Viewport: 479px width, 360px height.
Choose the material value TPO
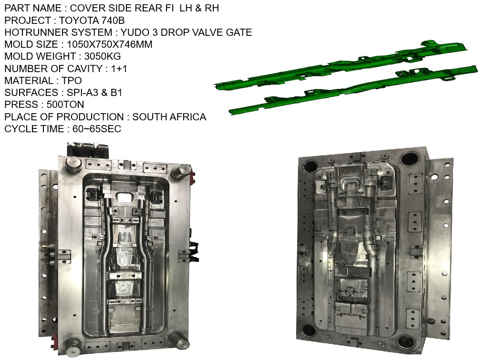pos(72,81)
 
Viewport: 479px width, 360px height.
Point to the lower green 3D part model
pos(353,91)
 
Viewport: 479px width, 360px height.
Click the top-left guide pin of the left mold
pos(73,165)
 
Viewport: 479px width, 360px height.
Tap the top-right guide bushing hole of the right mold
pos(410,159)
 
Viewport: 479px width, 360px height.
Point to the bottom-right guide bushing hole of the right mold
pos(406,341)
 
